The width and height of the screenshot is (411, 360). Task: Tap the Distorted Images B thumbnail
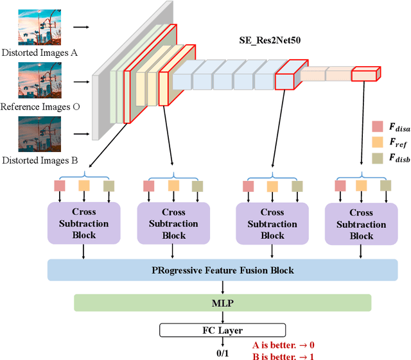[40, 134]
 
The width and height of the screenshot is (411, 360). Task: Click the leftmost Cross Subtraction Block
[83, 223]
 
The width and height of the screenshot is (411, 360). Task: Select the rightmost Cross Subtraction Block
[361, 224]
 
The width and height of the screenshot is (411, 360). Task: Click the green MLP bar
[222, 302]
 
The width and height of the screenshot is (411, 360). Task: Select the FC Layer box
[223, 330]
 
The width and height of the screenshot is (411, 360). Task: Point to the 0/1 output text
[222, 352]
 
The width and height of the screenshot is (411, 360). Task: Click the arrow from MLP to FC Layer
[222, 317]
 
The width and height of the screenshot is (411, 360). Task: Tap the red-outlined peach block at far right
[364, 74]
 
